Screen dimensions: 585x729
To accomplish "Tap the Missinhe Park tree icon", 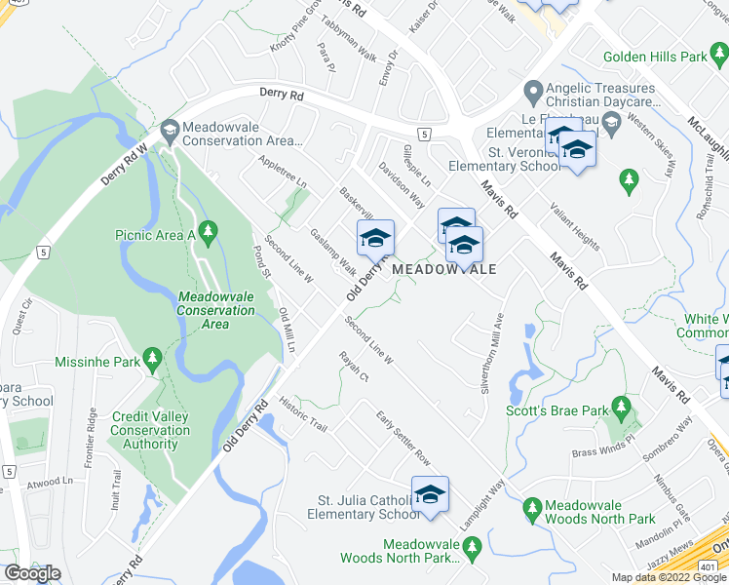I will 151,359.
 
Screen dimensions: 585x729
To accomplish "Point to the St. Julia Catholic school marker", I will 428,493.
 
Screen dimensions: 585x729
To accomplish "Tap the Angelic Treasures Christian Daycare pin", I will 532,94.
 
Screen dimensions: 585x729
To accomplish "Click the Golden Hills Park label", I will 655,58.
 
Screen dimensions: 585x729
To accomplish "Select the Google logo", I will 32,573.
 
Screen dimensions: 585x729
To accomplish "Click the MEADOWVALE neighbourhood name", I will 443,269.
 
